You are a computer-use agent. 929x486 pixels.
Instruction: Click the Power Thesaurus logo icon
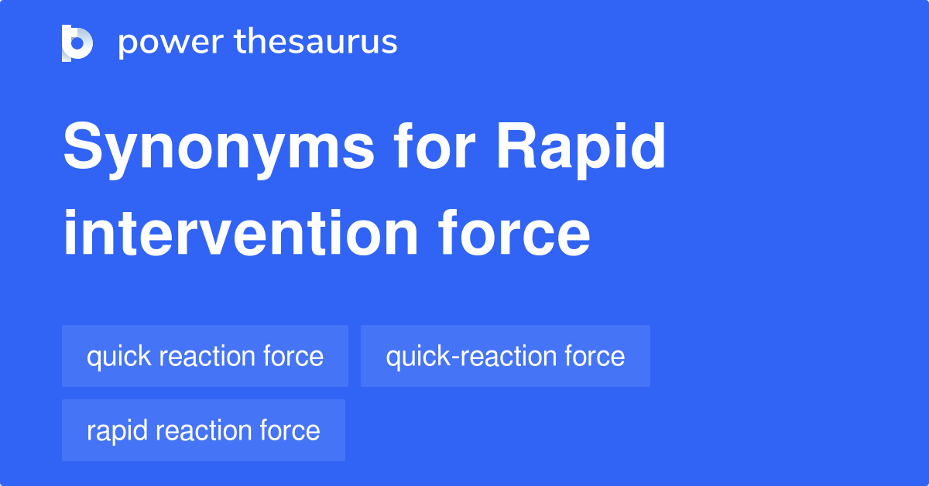[77, 43]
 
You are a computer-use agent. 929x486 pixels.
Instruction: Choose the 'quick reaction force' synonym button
[204, 356]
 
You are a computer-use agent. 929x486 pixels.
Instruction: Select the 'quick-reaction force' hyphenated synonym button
[505, 356]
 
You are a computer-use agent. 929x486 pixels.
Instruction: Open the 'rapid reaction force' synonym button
[203, 430]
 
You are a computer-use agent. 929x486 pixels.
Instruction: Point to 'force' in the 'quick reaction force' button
[293, 356]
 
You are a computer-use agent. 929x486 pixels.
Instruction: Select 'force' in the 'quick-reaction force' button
[595, 356]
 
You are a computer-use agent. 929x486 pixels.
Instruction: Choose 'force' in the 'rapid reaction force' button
[290, 430]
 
